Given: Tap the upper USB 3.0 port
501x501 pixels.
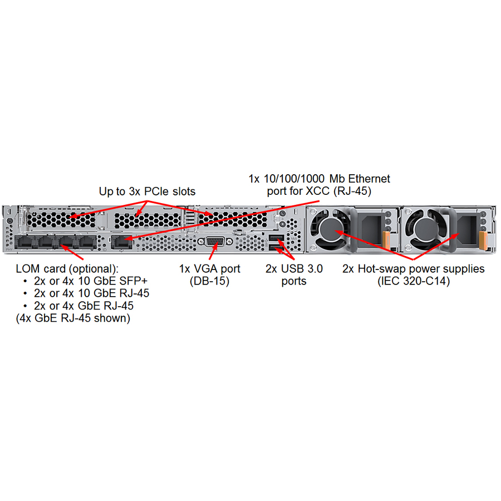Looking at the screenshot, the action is tap(276, 238).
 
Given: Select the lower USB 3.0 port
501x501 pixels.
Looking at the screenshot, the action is tap(276, 248).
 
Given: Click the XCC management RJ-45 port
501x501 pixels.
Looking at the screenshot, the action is tap(121, 242).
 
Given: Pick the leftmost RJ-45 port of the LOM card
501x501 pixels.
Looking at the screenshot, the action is tap(25, 242).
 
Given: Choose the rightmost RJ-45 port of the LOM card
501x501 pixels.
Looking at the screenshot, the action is tap(86, 242).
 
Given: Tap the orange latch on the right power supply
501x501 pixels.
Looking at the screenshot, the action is tap(483, 241).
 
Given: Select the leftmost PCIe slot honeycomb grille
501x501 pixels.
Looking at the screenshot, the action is tap(61, 220).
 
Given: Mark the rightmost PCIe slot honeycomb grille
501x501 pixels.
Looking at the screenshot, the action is tap(233, 220).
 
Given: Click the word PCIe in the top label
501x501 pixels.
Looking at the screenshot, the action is tap(157, 191).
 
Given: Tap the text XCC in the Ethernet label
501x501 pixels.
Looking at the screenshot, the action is tap(318, 191).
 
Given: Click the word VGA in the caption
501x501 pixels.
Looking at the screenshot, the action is tap(205, 269).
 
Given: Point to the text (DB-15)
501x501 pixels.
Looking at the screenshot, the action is tap(210, 281).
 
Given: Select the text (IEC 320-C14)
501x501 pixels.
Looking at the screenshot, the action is tap(414, 281).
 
